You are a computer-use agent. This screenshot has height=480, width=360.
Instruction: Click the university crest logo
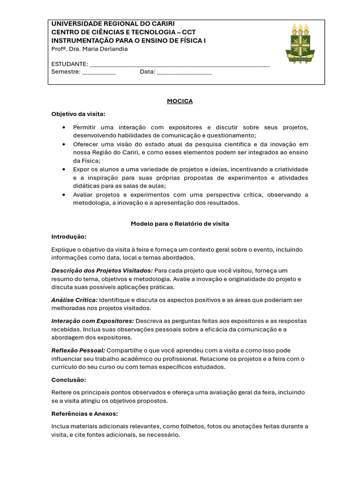(x=300, y=43)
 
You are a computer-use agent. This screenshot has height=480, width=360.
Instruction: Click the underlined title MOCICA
(x=180, y=101)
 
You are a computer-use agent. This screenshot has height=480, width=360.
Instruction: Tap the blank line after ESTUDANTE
(x=179, y=65)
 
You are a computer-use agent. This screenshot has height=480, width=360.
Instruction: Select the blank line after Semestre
(x=98, y=73)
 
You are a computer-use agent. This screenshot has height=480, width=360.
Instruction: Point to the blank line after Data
(x=184, y=73)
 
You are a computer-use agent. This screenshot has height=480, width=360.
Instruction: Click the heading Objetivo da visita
(x=78, y=114)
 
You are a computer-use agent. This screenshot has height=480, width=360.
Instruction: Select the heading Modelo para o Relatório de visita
(x=180, y=224)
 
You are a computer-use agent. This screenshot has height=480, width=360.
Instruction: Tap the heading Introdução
(x=69, y=237)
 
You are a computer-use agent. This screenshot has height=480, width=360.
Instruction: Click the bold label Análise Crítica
(x=75, y=300)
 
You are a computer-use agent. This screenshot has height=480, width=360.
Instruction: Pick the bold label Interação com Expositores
(x=93, y=321)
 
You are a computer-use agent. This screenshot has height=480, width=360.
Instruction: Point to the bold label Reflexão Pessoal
(x=78, y=350)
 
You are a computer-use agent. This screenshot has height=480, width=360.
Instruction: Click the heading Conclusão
(x=68, y=380)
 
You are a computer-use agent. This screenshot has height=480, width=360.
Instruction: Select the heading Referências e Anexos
(x=84, y=414)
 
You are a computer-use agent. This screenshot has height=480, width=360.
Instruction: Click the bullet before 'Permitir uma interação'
(x=63, y=127)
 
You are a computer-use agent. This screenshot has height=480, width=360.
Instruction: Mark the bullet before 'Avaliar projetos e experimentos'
(x=63, y=195)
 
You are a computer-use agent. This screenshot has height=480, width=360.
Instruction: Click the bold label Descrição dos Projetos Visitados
(x=102, y=270)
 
